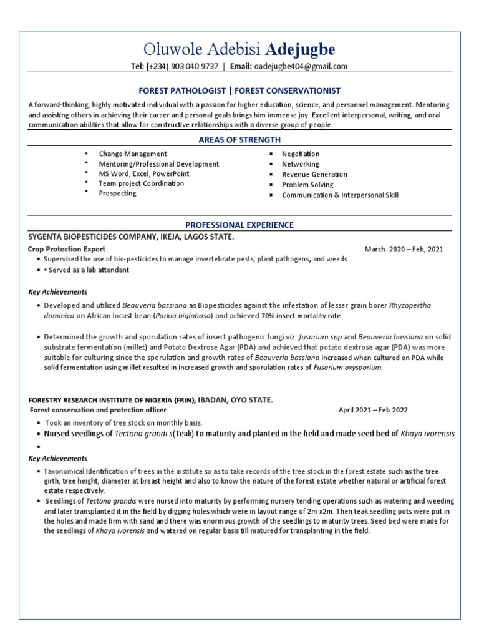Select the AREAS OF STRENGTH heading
239,140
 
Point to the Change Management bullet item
132,154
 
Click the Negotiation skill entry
301,154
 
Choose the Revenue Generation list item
314,174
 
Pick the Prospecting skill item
117,193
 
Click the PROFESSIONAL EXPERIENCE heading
239,225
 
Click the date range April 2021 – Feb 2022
373,410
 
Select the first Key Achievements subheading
58,291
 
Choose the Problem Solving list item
307,185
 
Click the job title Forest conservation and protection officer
98,410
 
